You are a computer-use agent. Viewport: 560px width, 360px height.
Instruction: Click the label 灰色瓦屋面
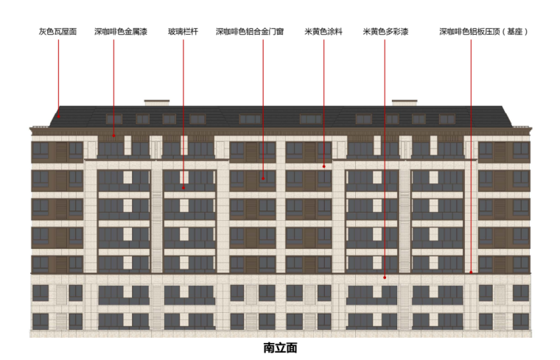click(57, 32)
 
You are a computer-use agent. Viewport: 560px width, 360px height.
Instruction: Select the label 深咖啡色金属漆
click(120, 32)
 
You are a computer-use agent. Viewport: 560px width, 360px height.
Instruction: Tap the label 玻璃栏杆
click(183, 32)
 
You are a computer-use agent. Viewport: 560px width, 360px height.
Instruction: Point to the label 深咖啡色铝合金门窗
click(250, 32)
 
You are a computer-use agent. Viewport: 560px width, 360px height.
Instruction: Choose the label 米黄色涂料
click(323, 32)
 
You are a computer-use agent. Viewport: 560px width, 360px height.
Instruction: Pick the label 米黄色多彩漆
click(386, 32)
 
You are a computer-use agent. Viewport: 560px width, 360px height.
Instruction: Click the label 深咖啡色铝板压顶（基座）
click(483, 32)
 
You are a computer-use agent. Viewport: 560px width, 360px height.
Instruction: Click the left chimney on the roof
click(157, 102)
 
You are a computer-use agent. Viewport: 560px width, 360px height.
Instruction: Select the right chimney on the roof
click(404, 102)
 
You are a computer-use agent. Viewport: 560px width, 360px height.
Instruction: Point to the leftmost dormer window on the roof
click(114, 119)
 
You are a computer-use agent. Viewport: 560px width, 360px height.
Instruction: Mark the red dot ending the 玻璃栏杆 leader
click(183, 188)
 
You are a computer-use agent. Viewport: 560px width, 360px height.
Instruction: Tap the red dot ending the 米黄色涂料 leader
click(323, 166)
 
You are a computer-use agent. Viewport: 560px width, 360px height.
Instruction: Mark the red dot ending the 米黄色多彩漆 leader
click(385, 278)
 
